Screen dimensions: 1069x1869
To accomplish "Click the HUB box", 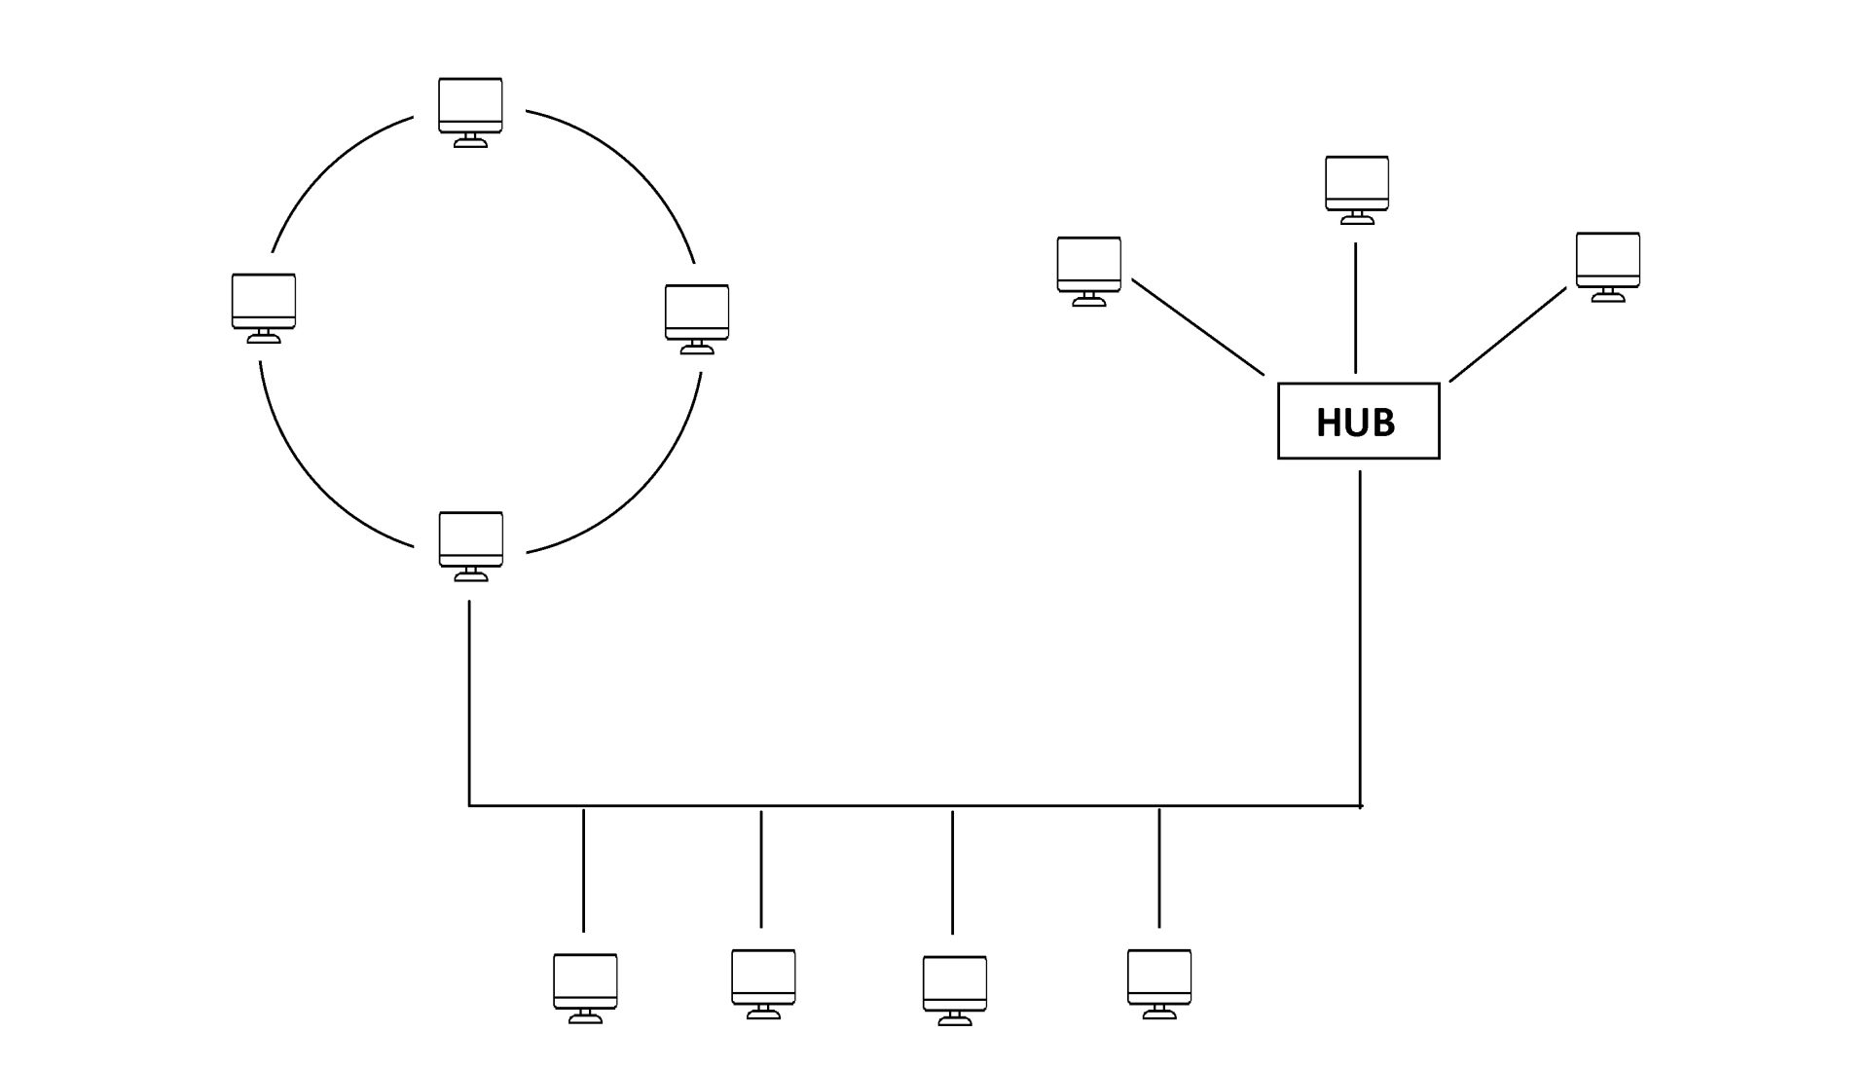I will tap(1358, 421).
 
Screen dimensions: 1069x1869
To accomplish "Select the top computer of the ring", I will tap(470, 110).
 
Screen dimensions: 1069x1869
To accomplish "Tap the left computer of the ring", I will tap(263, 307).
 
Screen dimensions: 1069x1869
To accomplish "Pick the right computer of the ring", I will tap(697, 317).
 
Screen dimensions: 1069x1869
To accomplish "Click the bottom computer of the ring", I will tap(471, 544).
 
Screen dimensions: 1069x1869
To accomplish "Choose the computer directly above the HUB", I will tap(1357, 188).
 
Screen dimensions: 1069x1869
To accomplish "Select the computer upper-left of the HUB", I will tap(1089, 270).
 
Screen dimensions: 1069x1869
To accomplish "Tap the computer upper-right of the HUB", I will tap(1608, 265).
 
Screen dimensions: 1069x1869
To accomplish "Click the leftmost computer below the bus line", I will tap(585, 986).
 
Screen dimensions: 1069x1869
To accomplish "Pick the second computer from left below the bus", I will tap(763, 982).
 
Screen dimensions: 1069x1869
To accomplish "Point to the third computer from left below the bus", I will tap(954, 989).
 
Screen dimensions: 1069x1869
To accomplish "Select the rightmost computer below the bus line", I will tap(1159, 982).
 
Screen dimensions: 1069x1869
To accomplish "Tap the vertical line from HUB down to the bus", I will tap(1360, 633).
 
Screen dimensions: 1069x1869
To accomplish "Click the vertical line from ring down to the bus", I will tap(470, 701).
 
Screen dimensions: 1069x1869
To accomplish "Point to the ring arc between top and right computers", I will tap(633, 166).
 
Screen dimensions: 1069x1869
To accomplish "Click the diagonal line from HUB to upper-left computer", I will tap(1197, 327).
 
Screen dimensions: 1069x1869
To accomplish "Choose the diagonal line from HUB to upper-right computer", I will tap(1508, 334).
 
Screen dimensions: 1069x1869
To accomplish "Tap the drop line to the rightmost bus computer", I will tap(1158, 866).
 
